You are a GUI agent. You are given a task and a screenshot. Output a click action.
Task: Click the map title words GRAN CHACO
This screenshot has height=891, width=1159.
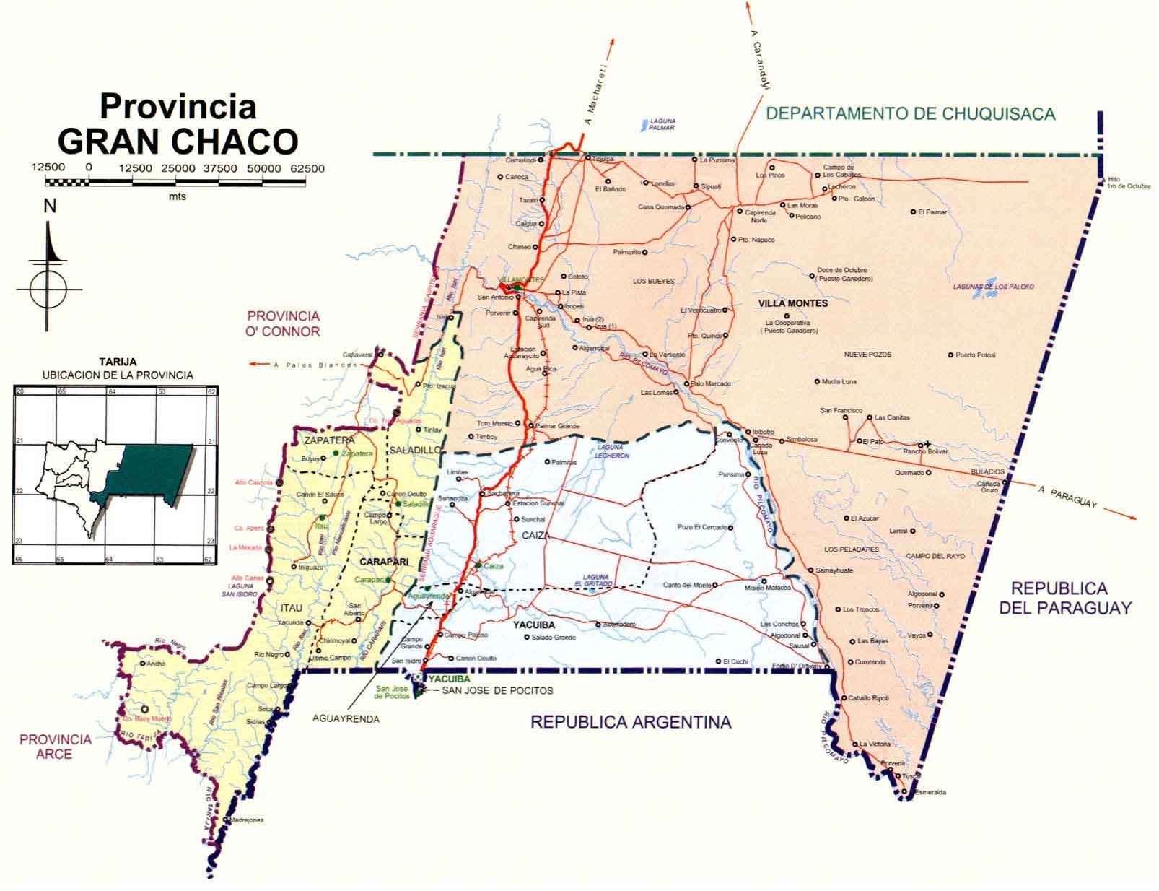(x=178, y=141)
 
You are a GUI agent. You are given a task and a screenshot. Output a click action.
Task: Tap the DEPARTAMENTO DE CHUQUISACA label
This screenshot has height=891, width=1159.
(x=911, y=113)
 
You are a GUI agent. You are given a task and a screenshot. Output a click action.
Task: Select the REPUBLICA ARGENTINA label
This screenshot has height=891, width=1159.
(x=631, y=721)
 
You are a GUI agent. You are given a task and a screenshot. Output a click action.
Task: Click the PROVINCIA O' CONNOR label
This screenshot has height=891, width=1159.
(x=283, y=323)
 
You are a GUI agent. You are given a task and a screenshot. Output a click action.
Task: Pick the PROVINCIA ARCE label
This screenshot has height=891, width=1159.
(x=56, y=746)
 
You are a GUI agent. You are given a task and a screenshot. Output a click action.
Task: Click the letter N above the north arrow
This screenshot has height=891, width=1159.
(x=49, y=207)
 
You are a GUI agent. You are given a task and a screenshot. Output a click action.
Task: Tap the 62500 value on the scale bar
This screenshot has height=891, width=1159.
(x=307, y=168)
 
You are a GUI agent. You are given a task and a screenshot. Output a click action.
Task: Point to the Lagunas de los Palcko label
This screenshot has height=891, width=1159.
(x=993, y=287)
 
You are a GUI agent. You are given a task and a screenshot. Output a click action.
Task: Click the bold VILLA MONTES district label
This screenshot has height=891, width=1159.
(x=793, y=303)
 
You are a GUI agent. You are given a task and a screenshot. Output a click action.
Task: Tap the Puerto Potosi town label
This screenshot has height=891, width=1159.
(x=975, y=355)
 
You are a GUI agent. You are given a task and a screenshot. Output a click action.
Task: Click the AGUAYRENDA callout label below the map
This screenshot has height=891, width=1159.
(x=346, y=719)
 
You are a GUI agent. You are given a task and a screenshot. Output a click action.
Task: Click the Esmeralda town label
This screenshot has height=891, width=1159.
(x=930, y=792)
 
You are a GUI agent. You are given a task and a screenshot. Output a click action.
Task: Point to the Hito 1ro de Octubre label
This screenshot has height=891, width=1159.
(x=1129, y=183)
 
